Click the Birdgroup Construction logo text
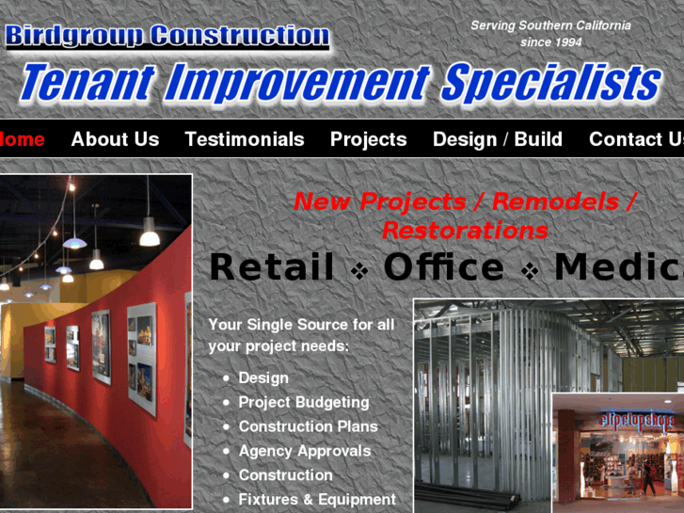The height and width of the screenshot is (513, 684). pos(167,37)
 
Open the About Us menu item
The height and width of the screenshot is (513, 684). pos(115,139)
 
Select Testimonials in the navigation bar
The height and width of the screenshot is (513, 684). pos(245,139)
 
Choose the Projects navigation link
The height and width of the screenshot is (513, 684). pos(368,139)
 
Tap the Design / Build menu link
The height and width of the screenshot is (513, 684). pos(497,139)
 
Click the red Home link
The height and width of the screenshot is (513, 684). pos(22,139)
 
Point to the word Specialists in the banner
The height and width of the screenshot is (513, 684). pos(550,84)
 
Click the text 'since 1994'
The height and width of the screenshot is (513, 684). pos(550,42)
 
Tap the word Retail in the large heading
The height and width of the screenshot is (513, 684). pos(271,267)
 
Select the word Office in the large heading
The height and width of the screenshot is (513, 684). pos(443,267)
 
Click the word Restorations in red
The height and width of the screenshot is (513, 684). pos(464,230)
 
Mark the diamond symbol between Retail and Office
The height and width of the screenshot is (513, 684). pos(359,271)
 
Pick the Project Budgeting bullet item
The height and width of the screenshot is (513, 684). pos(303,402)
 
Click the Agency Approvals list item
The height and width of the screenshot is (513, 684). pos(304,451)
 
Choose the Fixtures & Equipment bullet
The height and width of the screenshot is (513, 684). pos(316,500)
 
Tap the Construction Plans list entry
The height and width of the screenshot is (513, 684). pos(308,426)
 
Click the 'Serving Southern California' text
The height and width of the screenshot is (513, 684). pos(550,25)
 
